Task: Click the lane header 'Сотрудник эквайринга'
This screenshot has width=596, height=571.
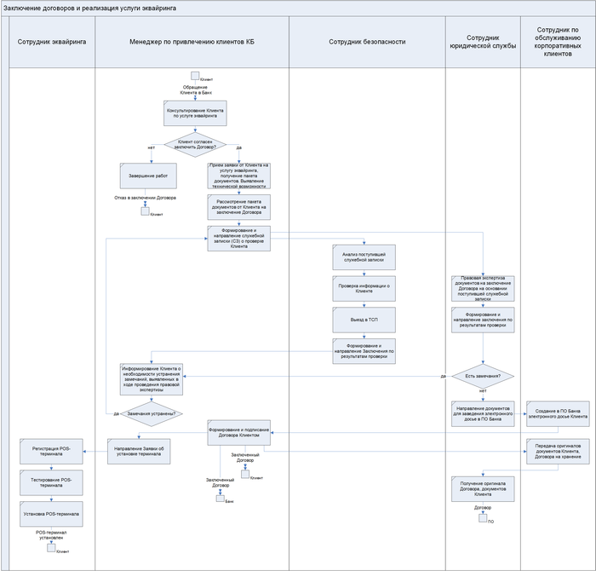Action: coord(52,41)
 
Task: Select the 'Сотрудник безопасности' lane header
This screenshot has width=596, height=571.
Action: coord(366,41)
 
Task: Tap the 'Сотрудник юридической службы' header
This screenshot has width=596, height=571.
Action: coord(482,41)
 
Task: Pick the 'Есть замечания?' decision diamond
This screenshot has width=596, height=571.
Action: coord(482,376)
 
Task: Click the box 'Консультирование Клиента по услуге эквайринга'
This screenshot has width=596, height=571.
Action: coord(195,113)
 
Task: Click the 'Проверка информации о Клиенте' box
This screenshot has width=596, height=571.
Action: coord(366,289)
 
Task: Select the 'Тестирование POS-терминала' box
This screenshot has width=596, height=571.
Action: coord(53,482)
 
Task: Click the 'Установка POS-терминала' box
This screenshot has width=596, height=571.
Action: coord(53,514)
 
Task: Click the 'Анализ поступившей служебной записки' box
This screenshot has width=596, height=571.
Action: coord(366,258)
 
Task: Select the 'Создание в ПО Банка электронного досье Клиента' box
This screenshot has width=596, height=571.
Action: coord(557,412)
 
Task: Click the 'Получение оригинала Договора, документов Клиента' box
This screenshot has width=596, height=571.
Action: coord(482,490)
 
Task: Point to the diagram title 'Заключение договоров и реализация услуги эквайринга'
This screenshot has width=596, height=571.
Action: coord(90,7)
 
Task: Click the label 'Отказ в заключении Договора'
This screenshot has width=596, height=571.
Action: coord(145,198)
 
